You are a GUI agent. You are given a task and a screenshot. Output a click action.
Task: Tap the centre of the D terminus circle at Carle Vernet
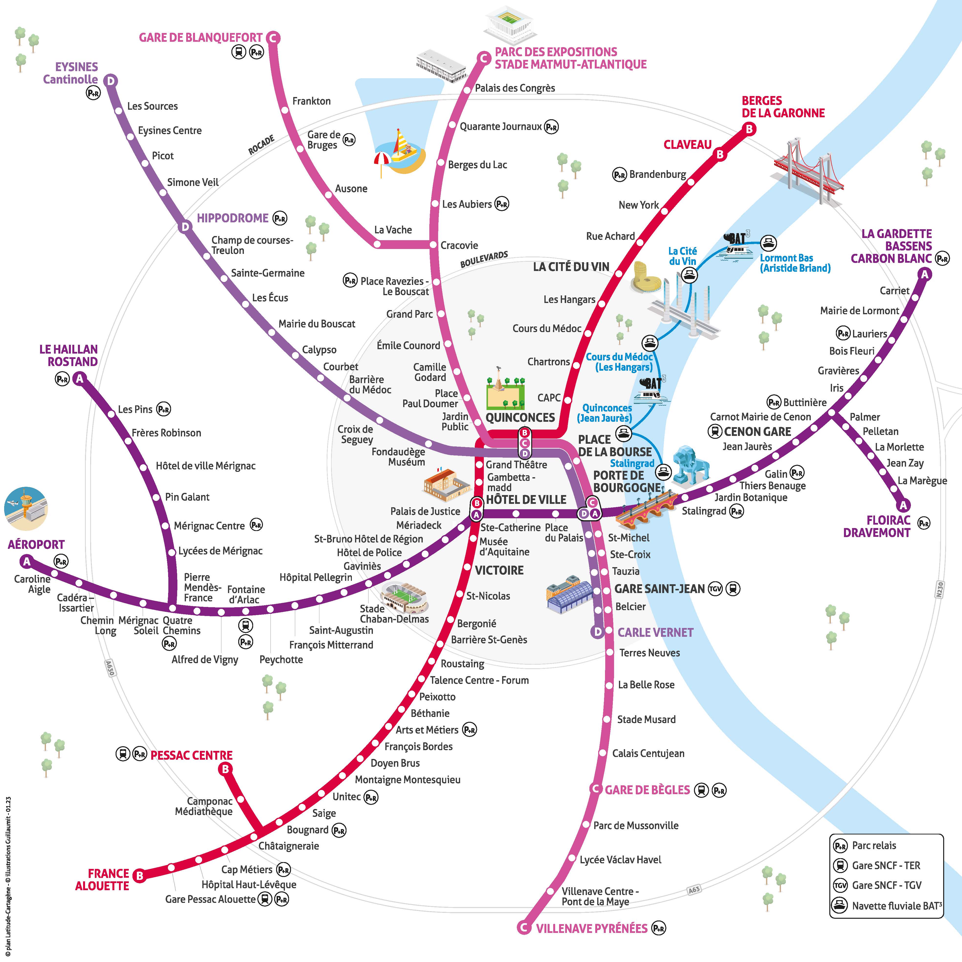coord(597,632)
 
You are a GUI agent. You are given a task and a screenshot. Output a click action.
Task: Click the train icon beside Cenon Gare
coord(715,431)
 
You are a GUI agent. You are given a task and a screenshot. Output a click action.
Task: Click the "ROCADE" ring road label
coord(261,145)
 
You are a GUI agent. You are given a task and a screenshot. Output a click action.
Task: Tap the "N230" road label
coord(940,589)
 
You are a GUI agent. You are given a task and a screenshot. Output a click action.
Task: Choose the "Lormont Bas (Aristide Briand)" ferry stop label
coord(795,263)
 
